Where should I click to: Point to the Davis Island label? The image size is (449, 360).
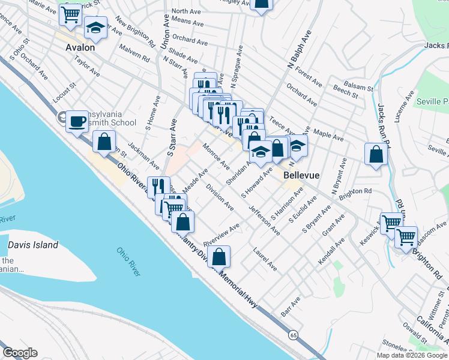coord(33,245)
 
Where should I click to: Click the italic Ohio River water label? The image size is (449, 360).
coord(128,261)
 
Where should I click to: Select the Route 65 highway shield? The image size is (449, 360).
coord(292,334)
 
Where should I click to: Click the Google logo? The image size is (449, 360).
coord(20,352)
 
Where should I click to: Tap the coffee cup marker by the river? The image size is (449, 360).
coord(77,121)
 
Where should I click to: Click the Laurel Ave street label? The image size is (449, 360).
coord(265,257)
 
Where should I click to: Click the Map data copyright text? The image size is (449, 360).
coord(412,355)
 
